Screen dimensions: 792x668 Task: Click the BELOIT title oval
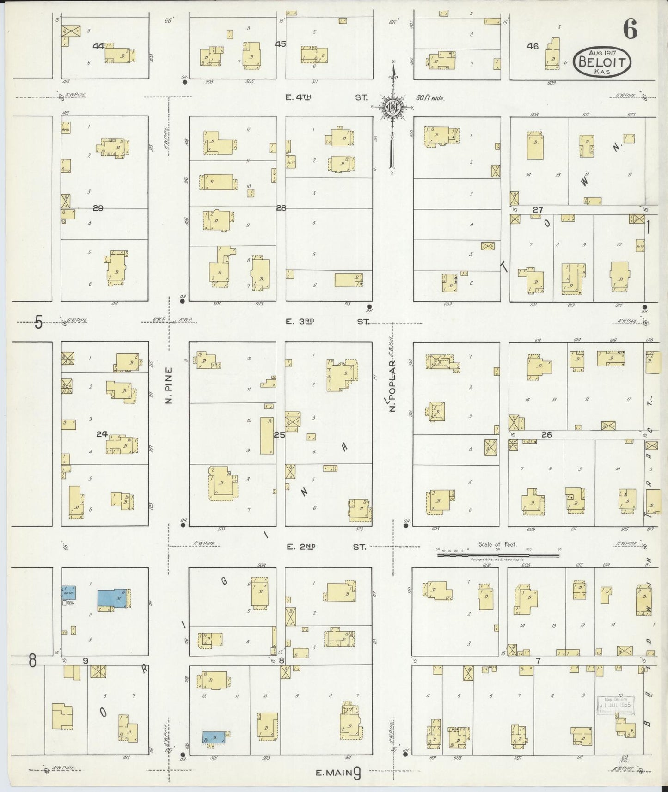click(602, 61)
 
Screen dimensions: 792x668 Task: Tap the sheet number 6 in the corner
click(630, 30)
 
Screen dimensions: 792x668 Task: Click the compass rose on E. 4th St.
click(393, 107)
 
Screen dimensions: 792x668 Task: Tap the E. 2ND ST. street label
click(326, 547)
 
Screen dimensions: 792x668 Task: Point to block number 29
click(98, 208)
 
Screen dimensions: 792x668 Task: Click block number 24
click(102, 434)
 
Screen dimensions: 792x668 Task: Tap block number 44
click(98, 46)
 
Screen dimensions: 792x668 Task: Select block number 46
click(533, 46)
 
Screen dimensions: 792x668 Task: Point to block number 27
click(537, 210)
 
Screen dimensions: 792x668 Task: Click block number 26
click(547, 435)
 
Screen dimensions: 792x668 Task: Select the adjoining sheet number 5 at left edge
click(38, 322)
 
